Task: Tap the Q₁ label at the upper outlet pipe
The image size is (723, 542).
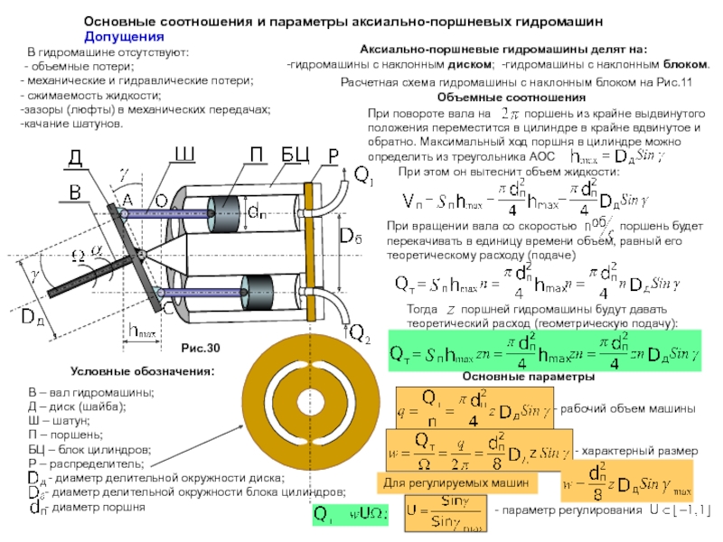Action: [x=361, y=173]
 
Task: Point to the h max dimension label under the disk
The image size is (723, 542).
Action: [x=142, y=332]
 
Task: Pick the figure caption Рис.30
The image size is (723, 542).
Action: [x=201, y=348]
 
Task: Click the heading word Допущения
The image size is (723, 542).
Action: [x=124, y=37]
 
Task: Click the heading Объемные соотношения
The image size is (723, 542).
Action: [x=511, y=98]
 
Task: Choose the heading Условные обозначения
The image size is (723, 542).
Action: [x=143, y=371]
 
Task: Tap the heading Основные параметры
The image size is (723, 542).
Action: [x=516, y=377]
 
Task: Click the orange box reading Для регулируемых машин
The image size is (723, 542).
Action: [x=456, y=484]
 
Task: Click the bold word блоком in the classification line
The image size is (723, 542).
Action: [x=685, y=65]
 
